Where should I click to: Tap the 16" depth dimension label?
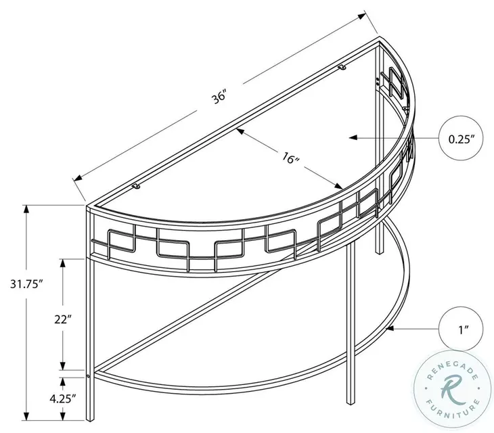291,160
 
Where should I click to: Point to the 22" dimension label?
63,319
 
